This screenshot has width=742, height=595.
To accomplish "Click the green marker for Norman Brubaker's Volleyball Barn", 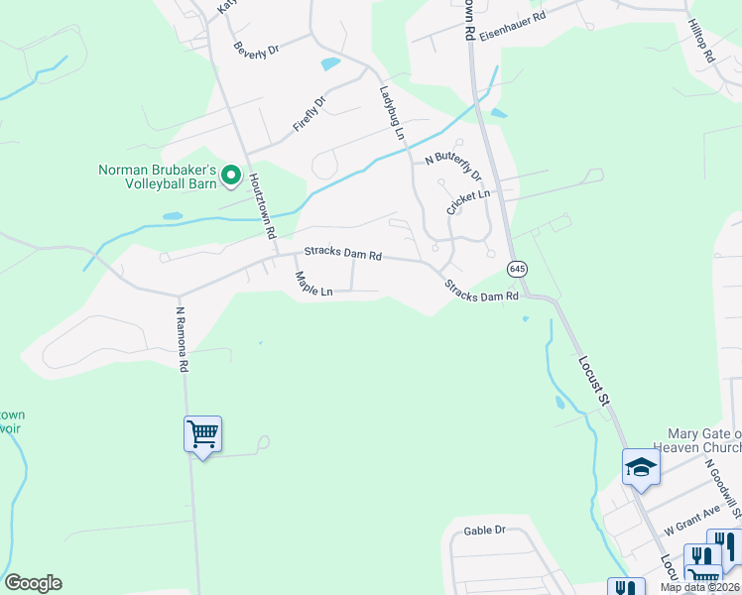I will click(231, 177).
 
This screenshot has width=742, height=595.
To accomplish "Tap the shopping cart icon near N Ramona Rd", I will click(202, 433).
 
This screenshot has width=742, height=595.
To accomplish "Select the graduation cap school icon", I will click(641, 466).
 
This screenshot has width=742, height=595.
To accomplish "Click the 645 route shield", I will click(517, 269).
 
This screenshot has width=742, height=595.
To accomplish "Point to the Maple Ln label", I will click(312, 285).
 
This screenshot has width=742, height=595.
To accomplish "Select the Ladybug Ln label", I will click(393, 111).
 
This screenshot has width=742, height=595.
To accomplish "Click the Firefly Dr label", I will click(309, 115).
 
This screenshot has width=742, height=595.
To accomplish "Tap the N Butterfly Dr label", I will click(452, 166).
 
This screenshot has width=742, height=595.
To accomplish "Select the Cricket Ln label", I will click(468, 202).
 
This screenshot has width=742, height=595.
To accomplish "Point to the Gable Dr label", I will click(484, 531).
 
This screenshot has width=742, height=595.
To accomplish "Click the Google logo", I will click(33, 583).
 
